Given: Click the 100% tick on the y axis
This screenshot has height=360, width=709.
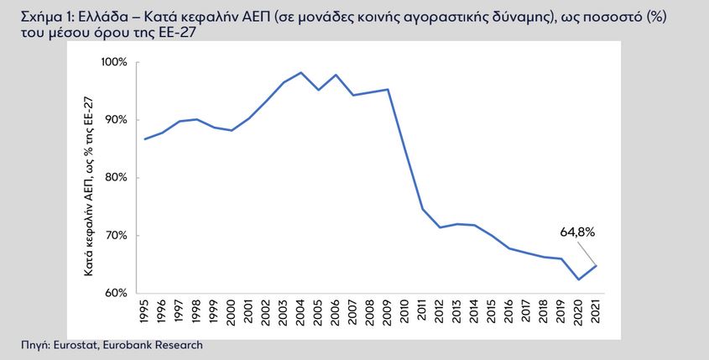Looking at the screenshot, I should point(114,62).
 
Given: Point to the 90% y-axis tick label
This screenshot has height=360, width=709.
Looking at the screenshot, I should point(116,120).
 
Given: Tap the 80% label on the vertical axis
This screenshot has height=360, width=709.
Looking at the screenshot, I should point(116,178).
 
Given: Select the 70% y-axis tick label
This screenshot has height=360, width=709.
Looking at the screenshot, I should point(116,236).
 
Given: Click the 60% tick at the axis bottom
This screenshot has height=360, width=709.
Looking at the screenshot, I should point(116,293).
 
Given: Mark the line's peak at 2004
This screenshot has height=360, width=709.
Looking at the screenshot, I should point(300,72).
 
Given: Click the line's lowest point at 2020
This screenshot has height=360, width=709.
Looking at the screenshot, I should point(578,279).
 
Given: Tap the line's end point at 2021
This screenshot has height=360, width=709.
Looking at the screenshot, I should point(596,265).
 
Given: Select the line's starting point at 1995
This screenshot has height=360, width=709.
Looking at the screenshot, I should point(144,139).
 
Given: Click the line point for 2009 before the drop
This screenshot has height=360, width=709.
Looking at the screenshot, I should point(388,90).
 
